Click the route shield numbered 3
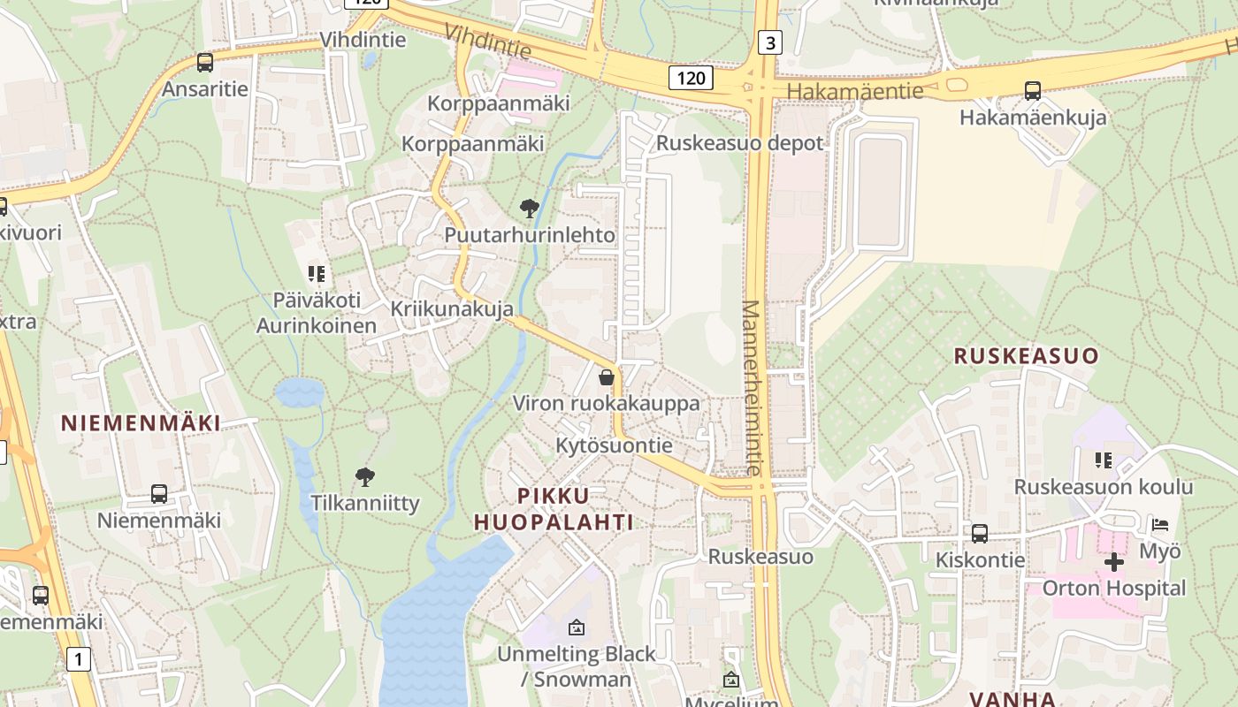click(770, 42)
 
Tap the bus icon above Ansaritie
click(205, 63)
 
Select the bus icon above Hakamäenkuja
click(1032, 90)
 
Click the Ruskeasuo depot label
click(739, 143)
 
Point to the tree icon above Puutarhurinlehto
click(530, 209)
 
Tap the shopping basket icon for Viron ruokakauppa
click(607, 377)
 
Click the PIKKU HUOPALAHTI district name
click(553, 508)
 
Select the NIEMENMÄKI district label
click(141, 422)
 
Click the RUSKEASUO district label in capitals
click(1026, 356)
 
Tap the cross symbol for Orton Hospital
click(1114, 561)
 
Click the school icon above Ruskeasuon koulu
click(1103, 460)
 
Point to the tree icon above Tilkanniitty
click(364, 477)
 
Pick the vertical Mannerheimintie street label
click(751, 387)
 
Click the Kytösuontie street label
click(614, 445)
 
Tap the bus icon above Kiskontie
click(980, 533)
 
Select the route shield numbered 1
click(79, 658)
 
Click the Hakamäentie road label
click(854, 91)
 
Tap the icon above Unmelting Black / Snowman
click(577, 627)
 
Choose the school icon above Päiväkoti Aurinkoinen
click(317, 274)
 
